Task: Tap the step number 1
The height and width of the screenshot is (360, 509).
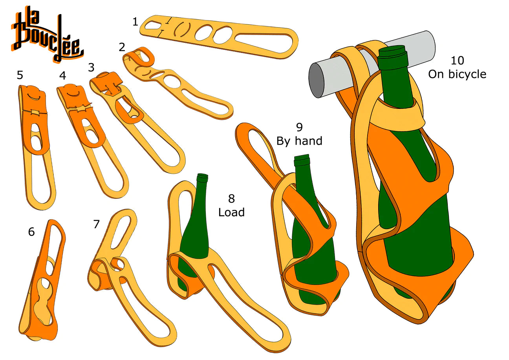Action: tap(135, 22)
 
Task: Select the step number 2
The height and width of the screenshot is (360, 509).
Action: tap(122, 48)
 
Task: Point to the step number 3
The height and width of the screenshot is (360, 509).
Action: tap(91, 68)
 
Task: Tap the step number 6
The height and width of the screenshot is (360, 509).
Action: tap(31, 232)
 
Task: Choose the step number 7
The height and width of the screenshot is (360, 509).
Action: tap(97, 224)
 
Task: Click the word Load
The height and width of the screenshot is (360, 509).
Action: tap(231, 213)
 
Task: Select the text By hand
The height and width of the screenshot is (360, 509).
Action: tap(299, 140)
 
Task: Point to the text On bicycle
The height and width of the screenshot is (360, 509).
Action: tap(457, 74)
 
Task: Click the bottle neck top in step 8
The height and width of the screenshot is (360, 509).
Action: tap(203, 177)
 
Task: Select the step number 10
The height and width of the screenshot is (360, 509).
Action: tap(457, 61)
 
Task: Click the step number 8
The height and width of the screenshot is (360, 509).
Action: tap(232, 198)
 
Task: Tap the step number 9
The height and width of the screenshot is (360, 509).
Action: tap(299, 127)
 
